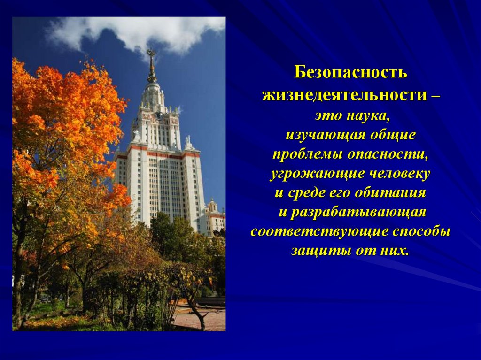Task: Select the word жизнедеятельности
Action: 344,95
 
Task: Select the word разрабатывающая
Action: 358,213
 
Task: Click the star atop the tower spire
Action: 151,53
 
